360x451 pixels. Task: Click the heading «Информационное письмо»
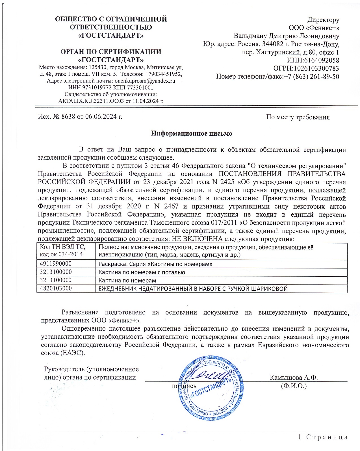(191, 133)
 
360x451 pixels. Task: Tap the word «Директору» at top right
(323, 19)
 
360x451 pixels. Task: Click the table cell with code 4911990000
(56, 264)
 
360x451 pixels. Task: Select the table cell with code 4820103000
(56, 289)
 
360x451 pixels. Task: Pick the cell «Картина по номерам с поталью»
(142, 272)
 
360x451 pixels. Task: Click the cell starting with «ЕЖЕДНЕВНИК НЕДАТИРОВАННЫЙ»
(193, 289)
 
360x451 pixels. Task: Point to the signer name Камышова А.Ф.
(294, 378)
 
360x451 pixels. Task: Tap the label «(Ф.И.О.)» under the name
(294, 386)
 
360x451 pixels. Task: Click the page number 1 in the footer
(300, 437)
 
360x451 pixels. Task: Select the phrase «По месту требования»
(298, 117)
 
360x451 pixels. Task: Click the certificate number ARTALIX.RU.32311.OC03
(91, 101)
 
